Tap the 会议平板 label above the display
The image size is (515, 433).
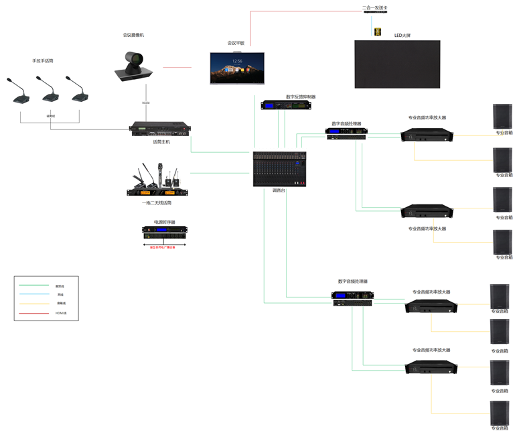coord(236,43)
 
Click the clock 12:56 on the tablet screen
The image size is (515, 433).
coord(237,61)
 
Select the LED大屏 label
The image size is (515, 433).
coord(402,36)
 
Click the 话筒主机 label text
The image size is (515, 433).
coord(161,141)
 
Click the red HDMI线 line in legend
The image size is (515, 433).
coord(34,313)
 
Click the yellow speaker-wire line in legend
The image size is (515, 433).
coord(34,304)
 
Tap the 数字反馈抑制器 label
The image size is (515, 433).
coord(301,97)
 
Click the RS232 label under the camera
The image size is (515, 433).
coord(145,103)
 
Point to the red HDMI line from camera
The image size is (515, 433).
coord(177,67)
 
